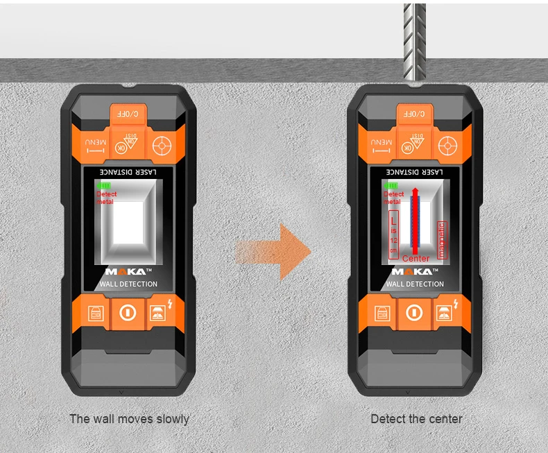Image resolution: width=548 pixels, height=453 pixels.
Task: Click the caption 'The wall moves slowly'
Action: pyautogui.click(x=129, y=419)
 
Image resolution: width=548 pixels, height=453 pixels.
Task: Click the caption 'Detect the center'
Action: pyautogui.click(x=416, y=419)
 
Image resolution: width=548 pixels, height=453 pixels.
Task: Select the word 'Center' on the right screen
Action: pyautogui.click(x=416, y=258)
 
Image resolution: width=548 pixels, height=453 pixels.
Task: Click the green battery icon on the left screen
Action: pyautogui.click(x=104, y=186)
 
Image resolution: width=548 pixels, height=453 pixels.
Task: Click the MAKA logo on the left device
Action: pyautogui.click(x=126, y=272)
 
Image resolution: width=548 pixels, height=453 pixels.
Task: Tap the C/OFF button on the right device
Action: pyautogui.click(x=415, y=114)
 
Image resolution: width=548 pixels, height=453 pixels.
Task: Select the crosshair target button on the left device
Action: pyautogui.click(x=162, y=146)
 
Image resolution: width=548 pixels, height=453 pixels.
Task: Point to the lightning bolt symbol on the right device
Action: pyautogui.click(x=456, y=302)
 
